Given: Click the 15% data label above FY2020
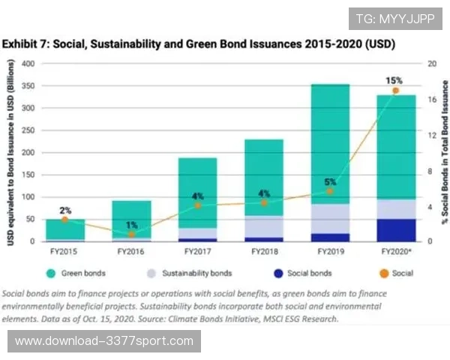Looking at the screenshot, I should [394, 80].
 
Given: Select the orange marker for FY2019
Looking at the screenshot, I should [329, 191].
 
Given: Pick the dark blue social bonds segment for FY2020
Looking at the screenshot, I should [396, 229].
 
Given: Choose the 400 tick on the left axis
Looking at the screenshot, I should [28, 64].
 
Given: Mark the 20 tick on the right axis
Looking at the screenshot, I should [431, 64].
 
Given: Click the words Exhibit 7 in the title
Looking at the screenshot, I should [28, 44].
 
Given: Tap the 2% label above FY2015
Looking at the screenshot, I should [65, 210].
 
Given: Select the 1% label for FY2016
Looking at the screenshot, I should [131, 225].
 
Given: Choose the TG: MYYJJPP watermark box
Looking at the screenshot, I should [394, 18].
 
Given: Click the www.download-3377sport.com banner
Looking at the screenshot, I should [104, 341].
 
